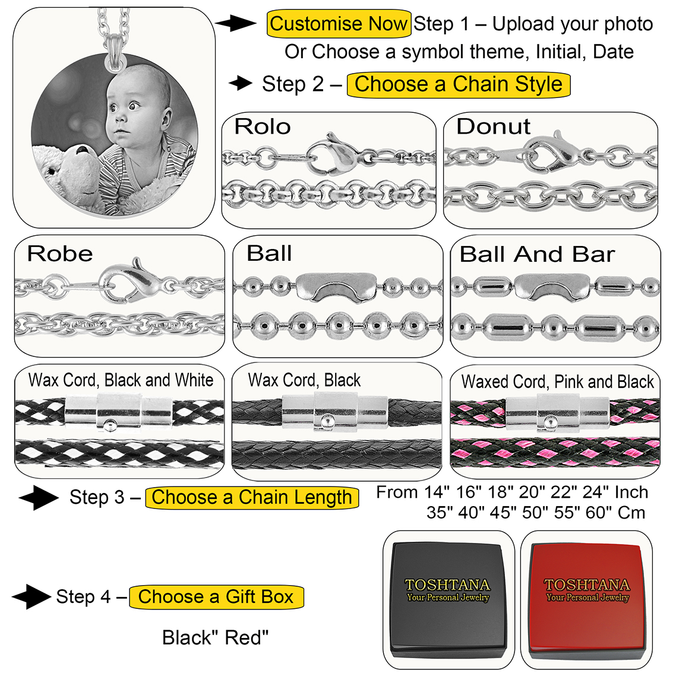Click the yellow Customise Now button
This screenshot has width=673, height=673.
click(x=339, y=24)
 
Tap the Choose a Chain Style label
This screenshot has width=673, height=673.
click(x=458, y=84)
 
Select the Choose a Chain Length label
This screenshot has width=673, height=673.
click(x=252, y=497)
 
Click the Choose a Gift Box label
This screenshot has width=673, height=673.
click(x=216, y=596)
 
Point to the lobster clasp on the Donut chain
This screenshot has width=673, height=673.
click(x=552, y=152)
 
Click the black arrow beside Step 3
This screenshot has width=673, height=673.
click(x=38, y=497)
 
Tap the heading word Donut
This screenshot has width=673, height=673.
click(x=493, y=127)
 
